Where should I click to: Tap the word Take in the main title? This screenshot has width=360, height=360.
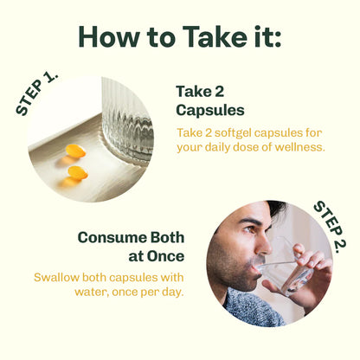click(215, 36)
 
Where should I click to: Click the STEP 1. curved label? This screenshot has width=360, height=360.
click(35, 93)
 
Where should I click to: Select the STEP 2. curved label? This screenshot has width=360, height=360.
click(330, 227)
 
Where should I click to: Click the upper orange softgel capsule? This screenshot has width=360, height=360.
click(75, 151)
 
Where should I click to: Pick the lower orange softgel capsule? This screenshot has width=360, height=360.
click(78, 173)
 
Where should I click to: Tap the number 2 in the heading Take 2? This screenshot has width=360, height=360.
click(218, 92)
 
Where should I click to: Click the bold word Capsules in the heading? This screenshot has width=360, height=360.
click(210, 110)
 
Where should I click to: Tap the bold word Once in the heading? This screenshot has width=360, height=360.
click(165, 256)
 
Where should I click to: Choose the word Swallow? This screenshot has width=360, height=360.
click(56, 278)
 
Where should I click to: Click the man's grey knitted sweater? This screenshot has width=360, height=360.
click(254, 309)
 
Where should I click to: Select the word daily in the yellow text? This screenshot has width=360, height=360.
click(218, 148)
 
